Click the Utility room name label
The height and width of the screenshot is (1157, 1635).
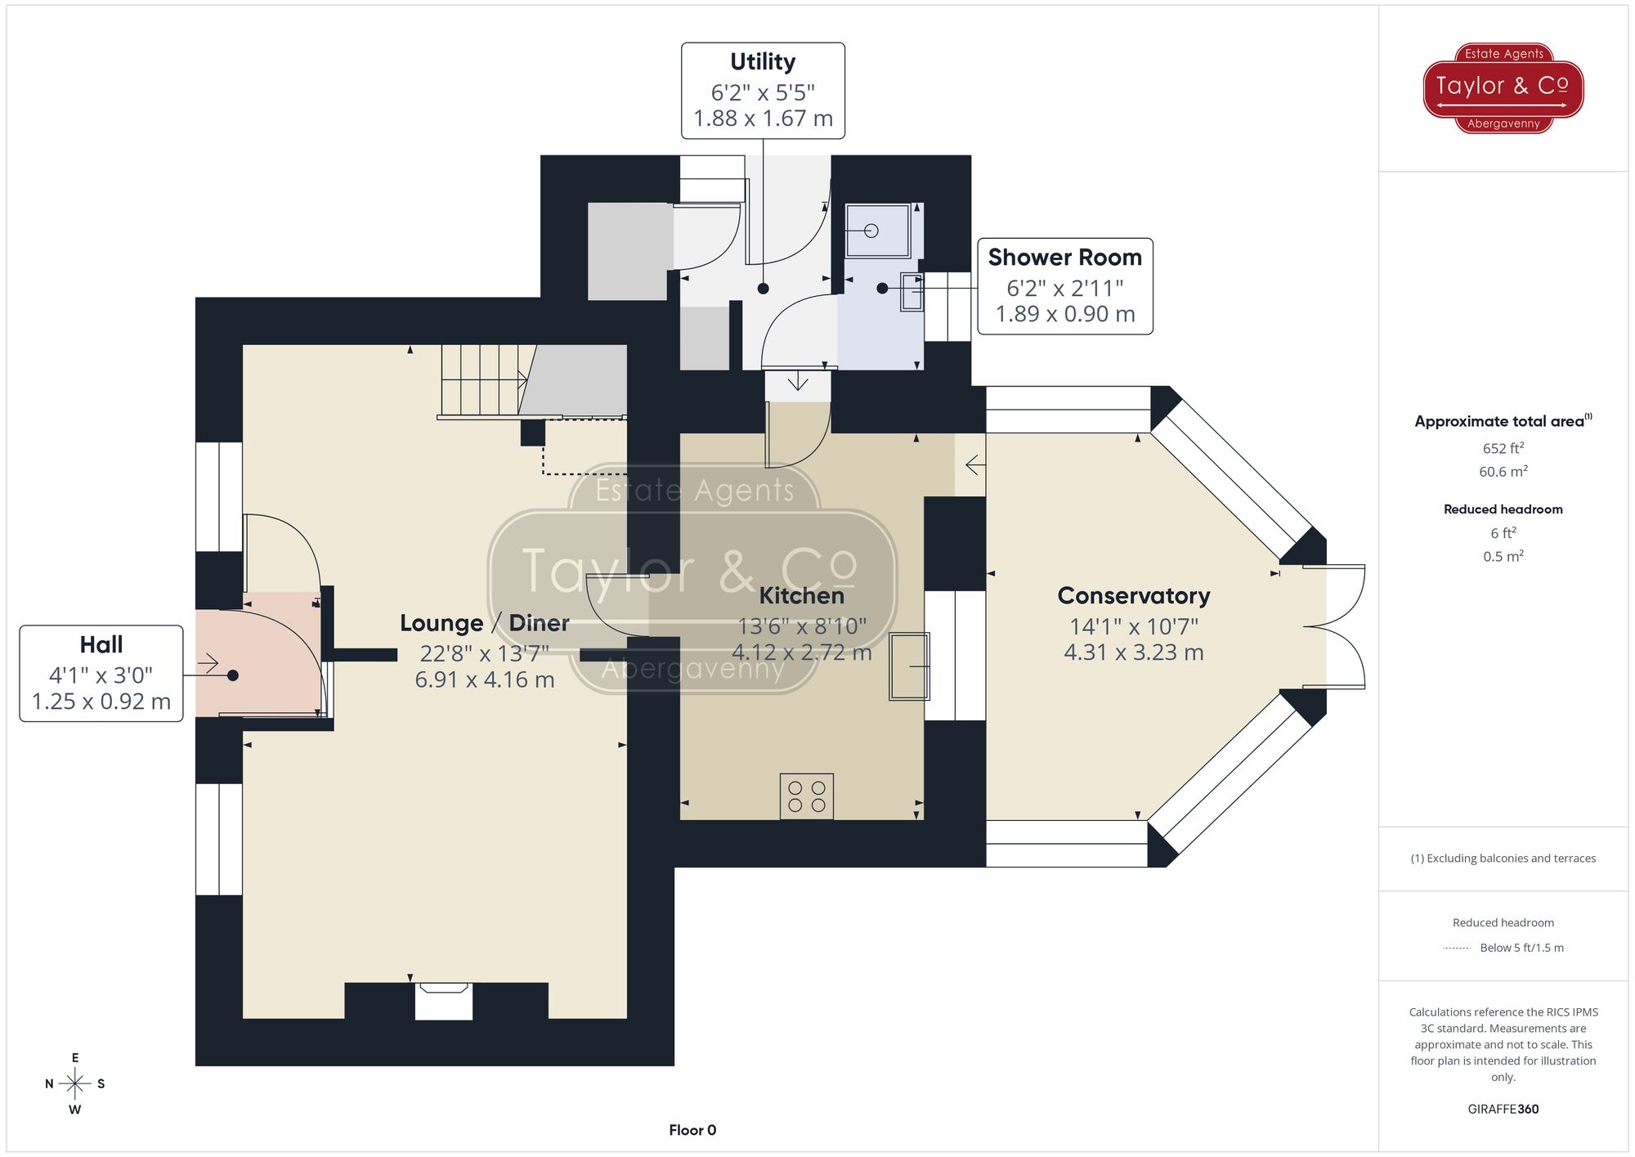coord(762,62)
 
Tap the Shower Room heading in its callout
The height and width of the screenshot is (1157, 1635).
coord(1064,258)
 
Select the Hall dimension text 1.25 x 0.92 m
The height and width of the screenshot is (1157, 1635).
coord(101,702)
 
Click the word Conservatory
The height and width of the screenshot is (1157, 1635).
coord(1133,596)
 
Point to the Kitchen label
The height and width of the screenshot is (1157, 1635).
coord(801,596)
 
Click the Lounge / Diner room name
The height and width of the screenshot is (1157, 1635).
coord(484,623)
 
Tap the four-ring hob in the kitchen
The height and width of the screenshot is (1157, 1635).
coord(806,796)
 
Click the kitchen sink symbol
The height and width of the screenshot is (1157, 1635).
coord(909,666)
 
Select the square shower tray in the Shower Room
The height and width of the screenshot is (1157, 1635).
coord(877,231)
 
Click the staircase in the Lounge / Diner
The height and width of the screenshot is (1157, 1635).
coord(482,380)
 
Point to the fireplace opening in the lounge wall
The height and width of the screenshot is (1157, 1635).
coord(444,1002)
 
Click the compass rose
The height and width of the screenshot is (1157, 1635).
coord(75,1084)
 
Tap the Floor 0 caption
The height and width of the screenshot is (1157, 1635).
coord(692,1130)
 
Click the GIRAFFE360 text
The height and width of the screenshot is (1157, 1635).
coord(1503,1110)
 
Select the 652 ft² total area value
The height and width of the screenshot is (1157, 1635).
coord(1503,448)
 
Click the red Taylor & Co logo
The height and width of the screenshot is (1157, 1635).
coord(1503,87)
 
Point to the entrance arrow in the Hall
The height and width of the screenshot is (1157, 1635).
coord(208,663)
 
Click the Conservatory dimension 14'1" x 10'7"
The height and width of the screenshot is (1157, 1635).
coord(1133,627)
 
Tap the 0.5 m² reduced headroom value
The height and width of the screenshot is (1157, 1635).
coord(1503,557)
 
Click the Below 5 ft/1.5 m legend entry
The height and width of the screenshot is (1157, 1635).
coord(1521,948)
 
